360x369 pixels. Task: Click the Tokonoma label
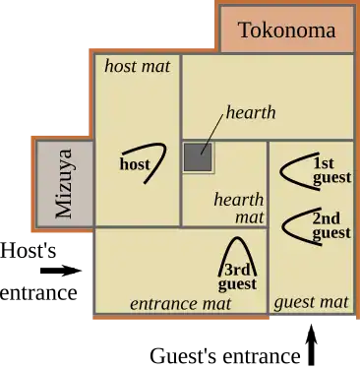pos(286,30)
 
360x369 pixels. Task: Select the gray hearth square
pos(197,158)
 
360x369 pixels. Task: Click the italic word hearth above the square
pos(251,112)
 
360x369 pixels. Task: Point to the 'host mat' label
pos(137,67)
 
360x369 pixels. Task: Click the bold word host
pos(135,164)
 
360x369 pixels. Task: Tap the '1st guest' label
pos(330,170)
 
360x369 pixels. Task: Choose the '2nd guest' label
pos(330,225)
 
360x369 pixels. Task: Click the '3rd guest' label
pos(237,277)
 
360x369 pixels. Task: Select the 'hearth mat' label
pos(240,207)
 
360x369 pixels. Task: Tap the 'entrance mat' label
pos(180,304)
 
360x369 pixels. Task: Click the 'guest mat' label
pos(311,302)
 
